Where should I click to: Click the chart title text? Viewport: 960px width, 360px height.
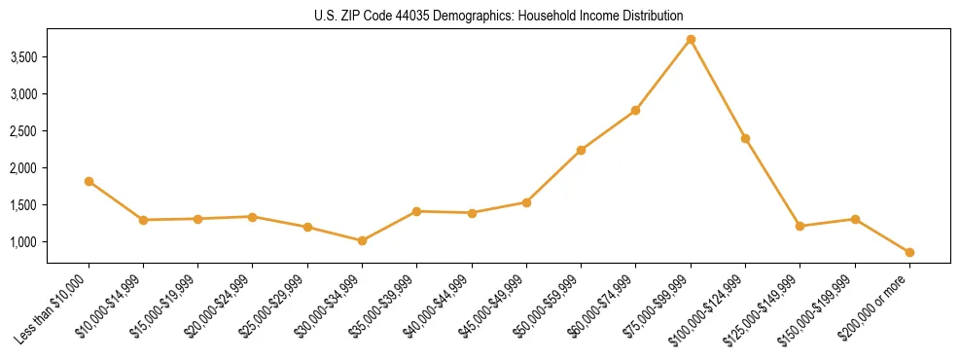[x=498, y=17]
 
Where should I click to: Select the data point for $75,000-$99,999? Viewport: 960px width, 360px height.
[x=691, y=40]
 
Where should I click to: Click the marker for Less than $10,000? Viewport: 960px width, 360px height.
[x=89, y=181]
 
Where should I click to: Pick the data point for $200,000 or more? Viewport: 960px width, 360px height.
[x=909, y=252]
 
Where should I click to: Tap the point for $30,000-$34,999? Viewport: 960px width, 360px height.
[x=362, y=240]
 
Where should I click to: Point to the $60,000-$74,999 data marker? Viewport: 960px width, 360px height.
[x=635, y=110]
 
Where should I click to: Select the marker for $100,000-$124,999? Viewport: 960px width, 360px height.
[x=745, y=138]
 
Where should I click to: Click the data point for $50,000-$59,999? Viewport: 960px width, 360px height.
[x=581, y=150]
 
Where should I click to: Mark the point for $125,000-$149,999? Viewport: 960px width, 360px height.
[x=800, y=226]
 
